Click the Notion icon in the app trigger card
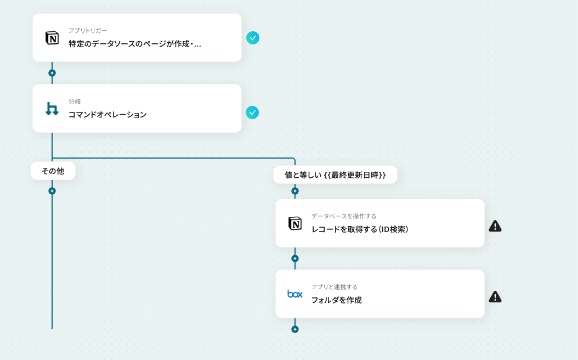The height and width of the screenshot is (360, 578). tap(52, 38)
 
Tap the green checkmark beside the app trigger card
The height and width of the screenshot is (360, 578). tap(252, 38)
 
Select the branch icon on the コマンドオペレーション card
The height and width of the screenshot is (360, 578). tap(52, 109)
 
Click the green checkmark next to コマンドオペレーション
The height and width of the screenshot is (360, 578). tap(252, 113)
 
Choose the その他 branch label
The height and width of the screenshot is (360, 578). tap(53, 171)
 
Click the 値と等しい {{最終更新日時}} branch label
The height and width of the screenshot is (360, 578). tap(335, 175)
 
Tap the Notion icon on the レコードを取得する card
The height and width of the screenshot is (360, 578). tap(295, 223)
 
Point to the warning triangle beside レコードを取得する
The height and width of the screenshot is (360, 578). tap(495, 226)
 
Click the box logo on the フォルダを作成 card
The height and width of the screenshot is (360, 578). tap(295, 294)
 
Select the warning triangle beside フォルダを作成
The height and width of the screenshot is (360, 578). tap(495, 297)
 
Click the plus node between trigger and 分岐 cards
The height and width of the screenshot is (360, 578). tap(52, 73)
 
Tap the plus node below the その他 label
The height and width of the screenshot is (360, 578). tap(52, 191)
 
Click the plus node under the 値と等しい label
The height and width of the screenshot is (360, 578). tap(295, 191)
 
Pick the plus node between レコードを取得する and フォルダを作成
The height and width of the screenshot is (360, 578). tap(295, 258)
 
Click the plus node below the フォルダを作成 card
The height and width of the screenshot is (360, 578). tap(295, 329)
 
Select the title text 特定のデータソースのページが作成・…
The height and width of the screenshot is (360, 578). tap(135, 44)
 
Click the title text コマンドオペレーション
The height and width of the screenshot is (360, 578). tap(107, 115)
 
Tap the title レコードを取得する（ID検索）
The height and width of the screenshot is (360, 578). tap(360, 229)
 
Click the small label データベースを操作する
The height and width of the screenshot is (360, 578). tap(344, 216)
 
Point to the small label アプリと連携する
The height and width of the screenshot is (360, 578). tap(335, 287)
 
